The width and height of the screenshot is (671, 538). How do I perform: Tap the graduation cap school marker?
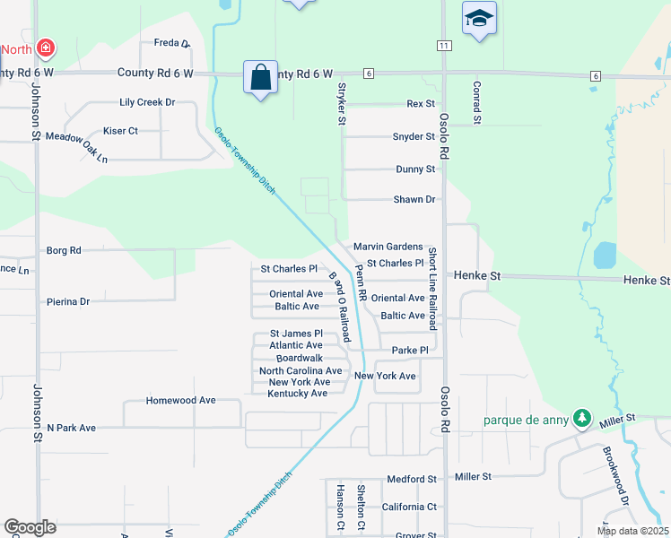(479, 18)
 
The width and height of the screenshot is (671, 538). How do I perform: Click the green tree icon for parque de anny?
(582, 418)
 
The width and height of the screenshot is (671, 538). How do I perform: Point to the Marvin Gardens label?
(388, 247)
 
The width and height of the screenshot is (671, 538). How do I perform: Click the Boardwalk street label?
(300, 358)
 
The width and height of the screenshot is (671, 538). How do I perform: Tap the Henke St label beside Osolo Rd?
(476, 276)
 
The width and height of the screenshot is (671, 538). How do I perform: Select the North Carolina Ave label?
(301, 370)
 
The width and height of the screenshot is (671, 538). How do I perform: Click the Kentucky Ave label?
(298, 394)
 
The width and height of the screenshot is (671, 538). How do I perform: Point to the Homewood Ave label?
(181, 400)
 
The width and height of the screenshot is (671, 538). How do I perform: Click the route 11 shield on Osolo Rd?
(444, 45)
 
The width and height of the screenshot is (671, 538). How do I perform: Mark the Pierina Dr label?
(68, 302)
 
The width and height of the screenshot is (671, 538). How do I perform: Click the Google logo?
(30, 527)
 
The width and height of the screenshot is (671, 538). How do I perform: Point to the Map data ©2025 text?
(632, 531)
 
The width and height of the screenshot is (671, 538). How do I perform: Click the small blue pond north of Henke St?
(605, 256)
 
